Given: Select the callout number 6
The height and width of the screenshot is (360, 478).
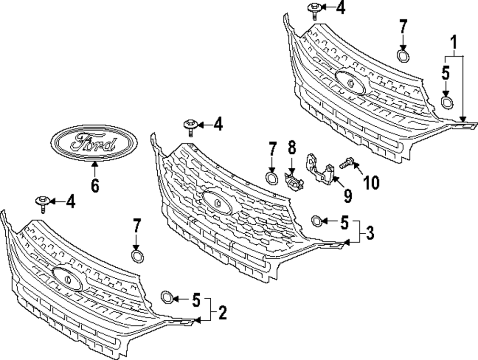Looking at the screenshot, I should (x=95, y=185).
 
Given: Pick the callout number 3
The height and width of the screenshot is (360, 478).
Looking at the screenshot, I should (x=369, y=234).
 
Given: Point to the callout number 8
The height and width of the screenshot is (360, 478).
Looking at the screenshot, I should (x=292, y=147).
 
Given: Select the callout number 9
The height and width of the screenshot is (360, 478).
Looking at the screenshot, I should (x=347, y=194).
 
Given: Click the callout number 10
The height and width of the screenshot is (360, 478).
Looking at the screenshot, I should (x=371, y=182).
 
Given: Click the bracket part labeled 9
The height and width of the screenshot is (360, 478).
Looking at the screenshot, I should (x=321, y=169).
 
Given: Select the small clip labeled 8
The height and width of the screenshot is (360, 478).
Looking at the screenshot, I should (x=293, y=180).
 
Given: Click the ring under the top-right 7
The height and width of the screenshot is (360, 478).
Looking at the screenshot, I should (x=403, y=56).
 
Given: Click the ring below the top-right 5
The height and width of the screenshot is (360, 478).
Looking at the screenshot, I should (x=447, y=102).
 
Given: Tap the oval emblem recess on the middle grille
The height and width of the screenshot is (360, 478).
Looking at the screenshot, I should (x=217, y=202).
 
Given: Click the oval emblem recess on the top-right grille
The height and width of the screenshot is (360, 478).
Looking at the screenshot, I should (x=350, y=82).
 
